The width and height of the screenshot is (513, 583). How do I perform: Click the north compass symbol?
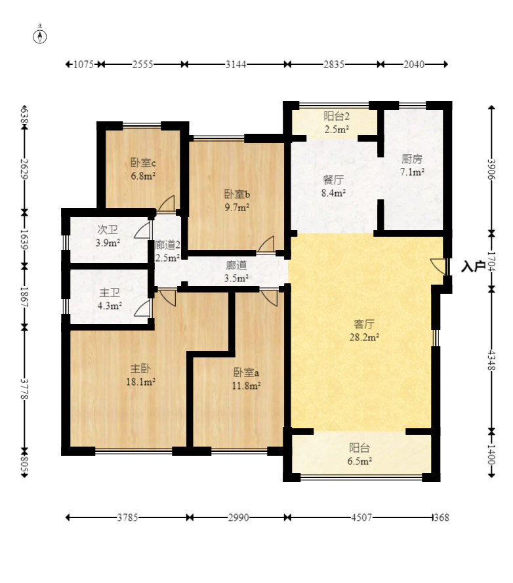click(40, 37)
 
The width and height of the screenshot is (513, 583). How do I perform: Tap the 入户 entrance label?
click(473, 266)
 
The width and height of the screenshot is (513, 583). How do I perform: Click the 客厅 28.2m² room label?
click(364, 331)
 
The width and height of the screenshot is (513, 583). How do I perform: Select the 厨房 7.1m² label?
click(412, 165)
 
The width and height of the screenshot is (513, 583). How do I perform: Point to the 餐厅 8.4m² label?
click(333, 186)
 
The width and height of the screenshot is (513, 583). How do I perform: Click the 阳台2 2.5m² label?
click(337, 123)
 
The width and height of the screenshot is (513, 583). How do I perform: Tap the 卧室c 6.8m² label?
click(143, 169)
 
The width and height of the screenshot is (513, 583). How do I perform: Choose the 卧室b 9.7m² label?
click(237, 201)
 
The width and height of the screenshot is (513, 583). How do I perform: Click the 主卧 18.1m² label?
click(140, 375)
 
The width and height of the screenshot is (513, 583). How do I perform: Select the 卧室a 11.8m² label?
click(246, 379)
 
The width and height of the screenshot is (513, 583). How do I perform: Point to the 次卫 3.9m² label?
click(108, 236)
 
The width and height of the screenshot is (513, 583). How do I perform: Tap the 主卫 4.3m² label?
click(110, 299)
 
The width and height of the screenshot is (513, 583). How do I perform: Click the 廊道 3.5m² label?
click(237, 271)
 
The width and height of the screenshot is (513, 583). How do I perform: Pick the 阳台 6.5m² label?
click(359, 454)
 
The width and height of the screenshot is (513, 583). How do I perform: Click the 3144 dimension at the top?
click(236, 64)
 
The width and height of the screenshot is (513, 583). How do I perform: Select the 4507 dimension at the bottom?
click(361, 517)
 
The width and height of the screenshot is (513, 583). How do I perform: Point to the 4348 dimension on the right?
click(491, 360)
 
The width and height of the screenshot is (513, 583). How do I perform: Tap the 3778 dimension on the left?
click(24, 390)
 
